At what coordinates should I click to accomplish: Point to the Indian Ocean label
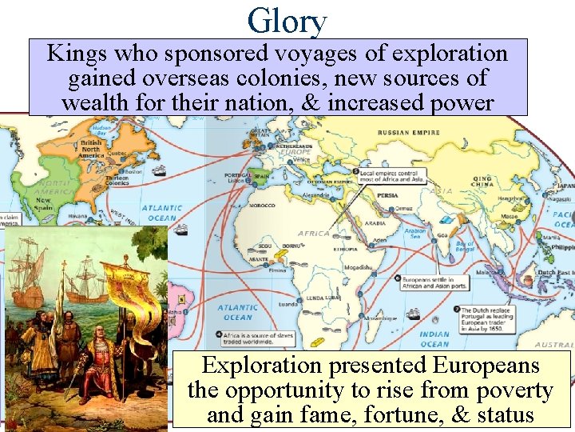pos(434,339)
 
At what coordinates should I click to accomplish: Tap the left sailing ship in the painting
pos(26,272)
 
